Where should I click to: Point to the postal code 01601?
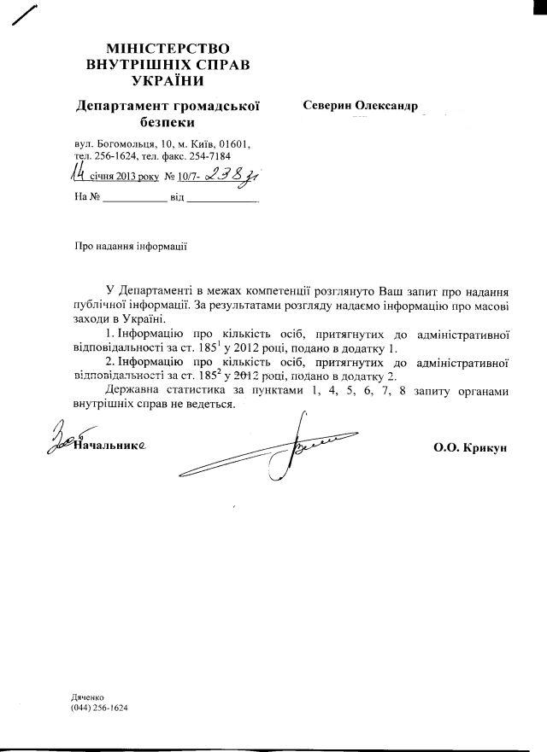(x=234, y=144)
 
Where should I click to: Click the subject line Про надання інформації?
(x=130, y=247)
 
